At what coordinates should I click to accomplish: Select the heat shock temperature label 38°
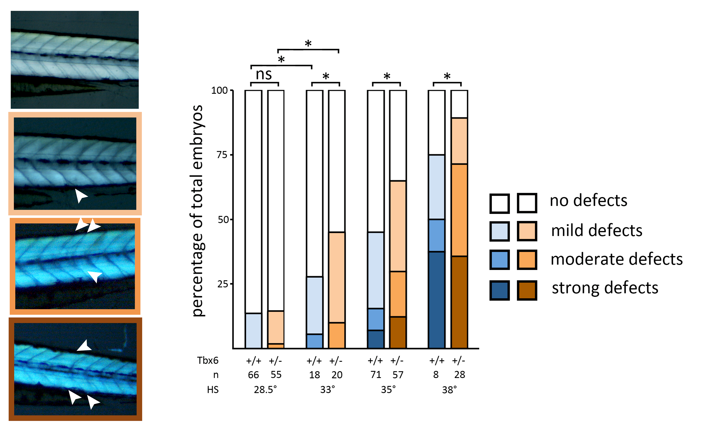tap(449, 390)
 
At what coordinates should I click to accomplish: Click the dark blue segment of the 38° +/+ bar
tap(436, 300)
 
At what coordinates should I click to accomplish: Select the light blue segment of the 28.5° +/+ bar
tap(253, 331)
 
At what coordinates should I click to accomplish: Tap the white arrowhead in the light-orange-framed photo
tap(81, 196)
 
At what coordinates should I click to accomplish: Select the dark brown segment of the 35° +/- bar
tap(398, 332)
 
